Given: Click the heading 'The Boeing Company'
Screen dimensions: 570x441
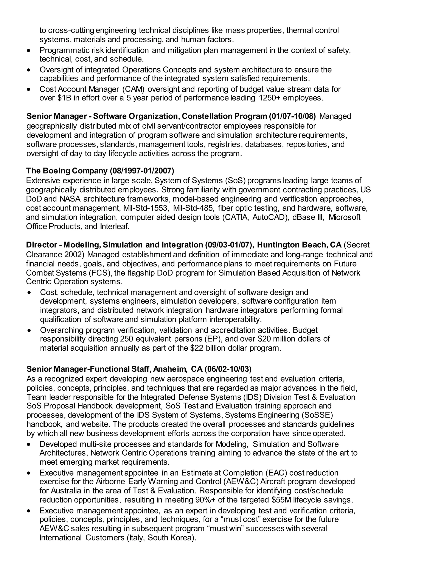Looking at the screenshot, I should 67,171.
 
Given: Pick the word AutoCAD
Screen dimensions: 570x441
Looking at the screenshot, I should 269,217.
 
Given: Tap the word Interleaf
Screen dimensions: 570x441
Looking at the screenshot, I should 114,226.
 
